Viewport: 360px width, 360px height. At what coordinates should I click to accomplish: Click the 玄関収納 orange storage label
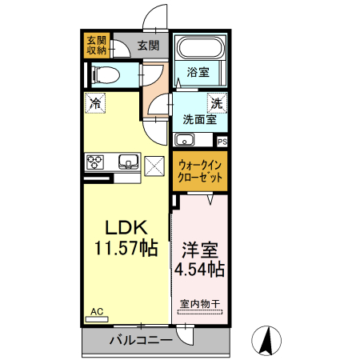[96, 46]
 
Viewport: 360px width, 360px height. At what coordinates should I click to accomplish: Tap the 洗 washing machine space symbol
[216, 102]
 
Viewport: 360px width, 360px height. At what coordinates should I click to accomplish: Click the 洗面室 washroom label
[199, 120]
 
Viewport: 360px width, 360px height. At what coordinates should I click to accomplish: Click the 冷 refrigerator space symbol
[95, 102]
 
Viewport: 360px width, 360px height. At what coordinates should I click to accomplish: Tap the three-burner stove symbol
[94, 162]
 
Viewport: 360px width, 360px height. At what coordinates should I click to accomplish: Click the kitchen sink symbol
[128, 162]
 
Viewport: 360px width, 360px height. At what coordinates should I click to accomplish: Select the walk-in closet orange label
[200, 170]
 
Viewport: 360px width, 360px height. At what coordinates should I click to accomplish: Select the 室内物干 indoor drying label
[200, 303]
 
